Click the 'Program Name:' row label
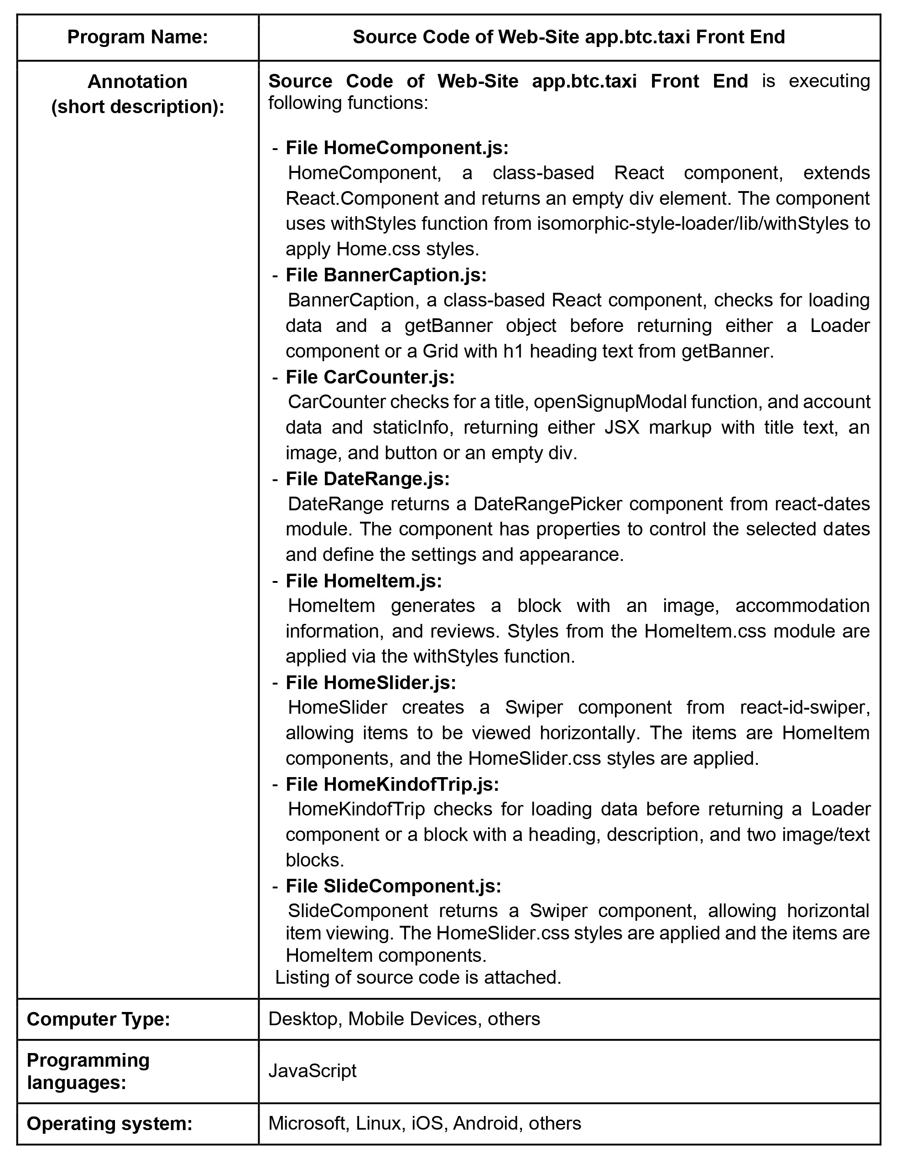(x=137, y=37)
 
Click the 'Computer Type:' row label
(x=99, y=1019)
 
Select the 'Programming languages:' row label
(x=89, y=1071)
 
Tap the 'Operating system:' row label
(x=109, y=1123)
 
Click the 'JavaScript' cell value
(x=312, y=1071)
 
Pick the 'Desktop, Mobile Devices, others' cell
(x=404, y=1019)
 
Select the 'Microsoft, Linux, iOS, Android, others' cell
(x=425, y=1123)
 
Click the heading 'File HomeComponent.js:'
(x=397, y=148)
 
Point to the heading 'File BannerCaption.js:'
(x=386, y=275)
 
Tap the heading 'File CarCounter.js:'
(x=370, y=377)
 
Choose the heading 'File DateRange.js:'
(x=367, y=479)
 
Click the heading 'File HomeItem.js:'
(x=364, y=581)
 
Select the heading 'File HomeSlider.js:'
(x=370, y=683)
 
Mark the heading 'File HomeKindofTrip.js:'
(x=392, y=784)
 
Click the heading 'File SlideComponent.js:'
(x=393, y=886)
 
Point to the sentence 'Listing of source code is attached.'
(x=418, y=977)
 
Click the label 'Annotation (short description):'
(x=137, y=94)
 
